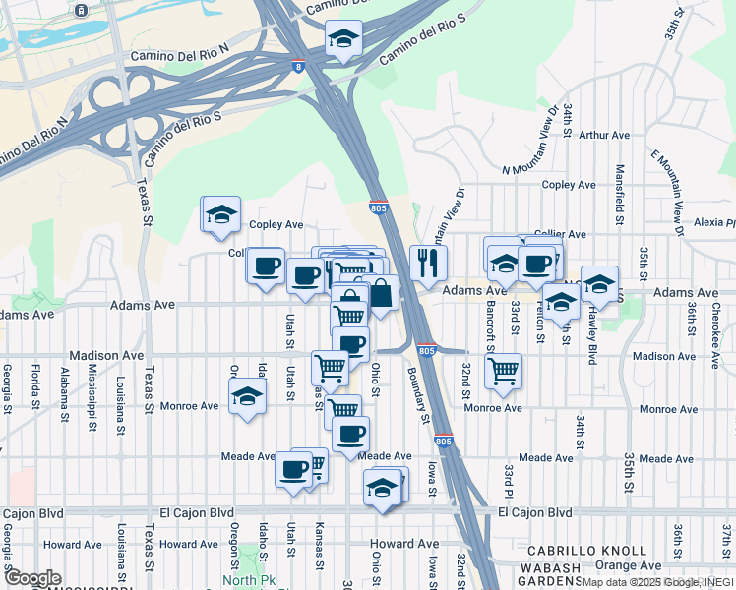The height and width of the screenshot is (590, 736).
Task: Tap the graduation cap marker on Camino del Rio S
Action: click(343, 40)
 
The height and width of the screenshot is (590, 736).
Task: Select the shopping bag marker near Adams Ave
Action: click(380, 294)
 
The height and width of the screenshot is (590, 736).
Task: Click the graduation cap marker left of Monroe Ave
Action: click(246, 398)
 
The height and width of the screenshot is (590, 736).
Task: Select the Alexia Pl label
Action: click(714, 223)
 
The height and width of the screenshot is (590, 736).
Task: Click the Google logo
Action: click(32, 578)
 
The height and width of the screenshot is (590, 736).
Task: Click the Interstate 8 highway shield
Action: click(297, 66)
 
